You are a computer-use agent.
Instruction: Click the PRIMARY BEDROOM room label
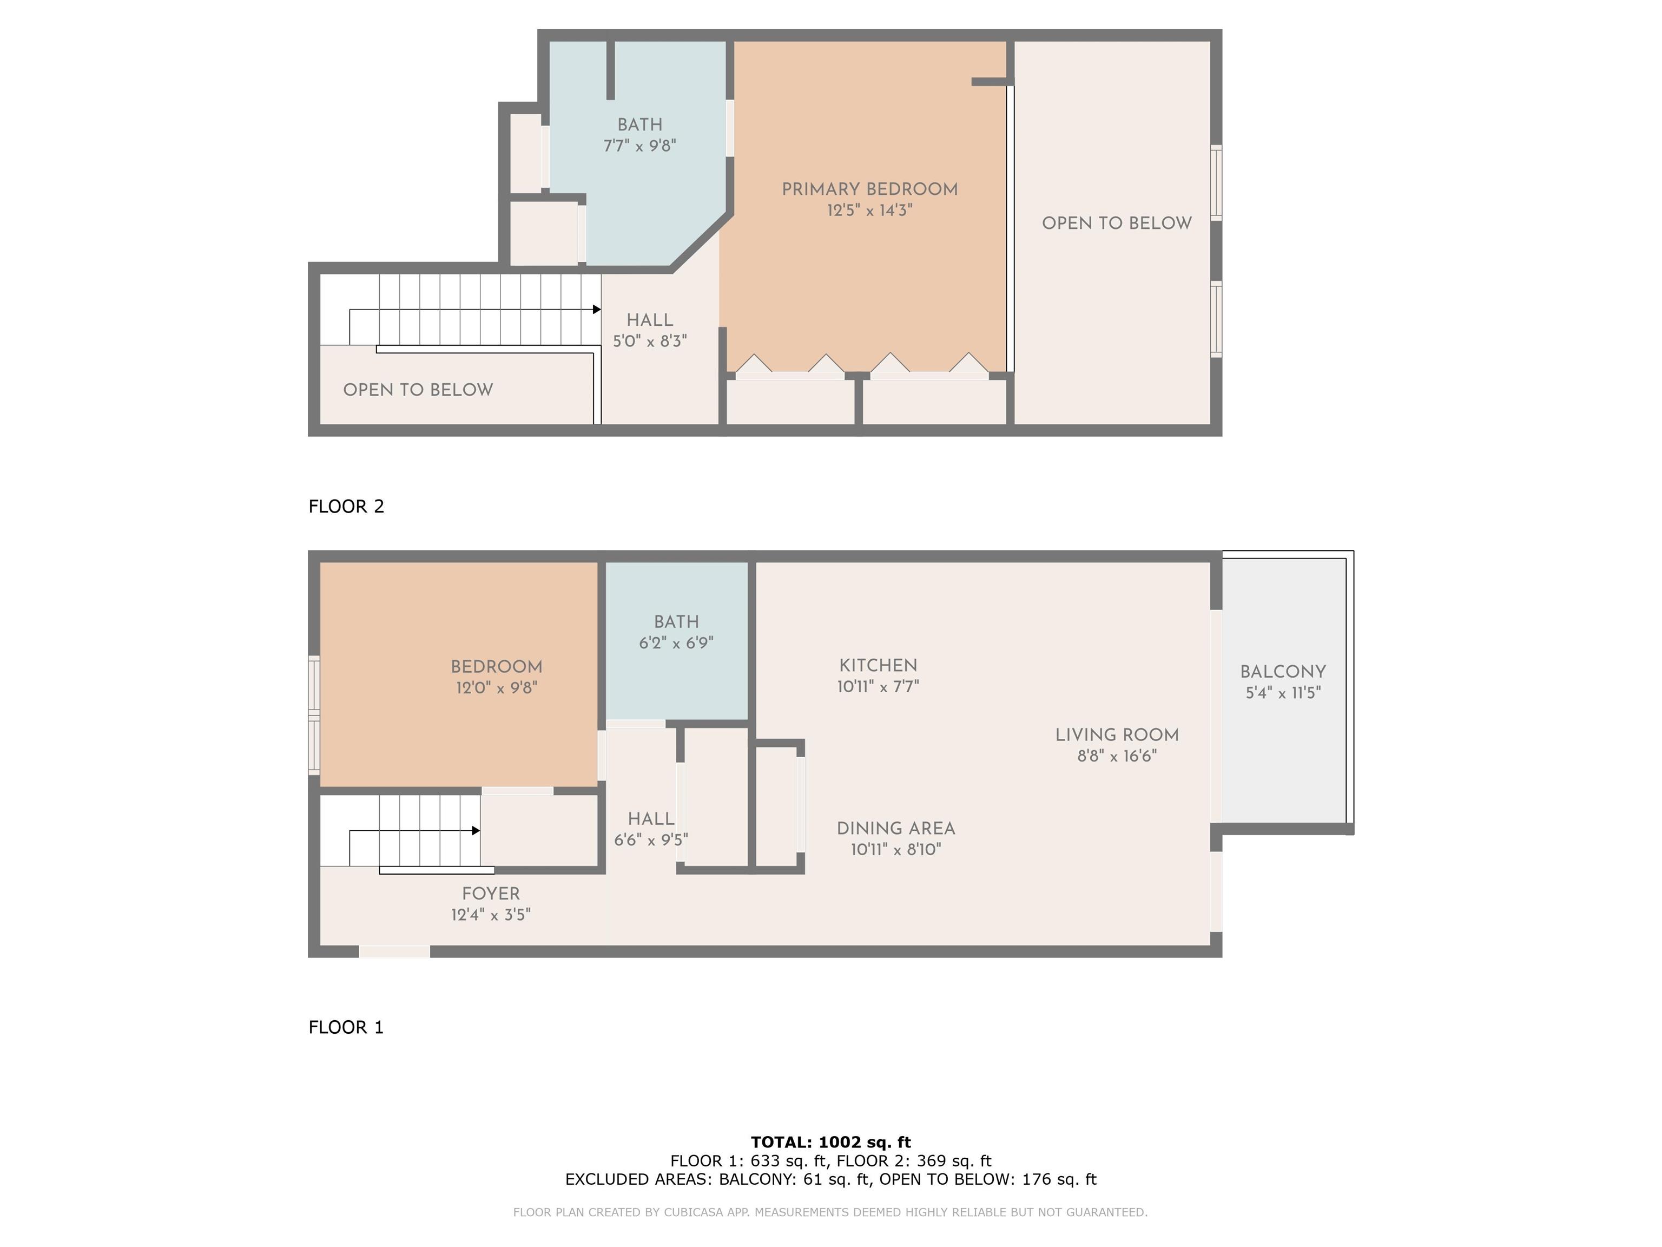tap(869, 189)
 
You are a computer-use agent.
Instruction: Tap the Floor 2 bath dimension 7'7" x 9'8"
tap(640, 146)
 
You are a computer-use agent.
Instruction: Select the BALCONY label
tap(1283, 672)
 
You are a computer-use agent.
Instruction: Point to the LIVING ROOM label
tap(1117, 735)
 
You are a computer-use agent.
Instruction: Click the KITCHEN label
tap(878, 665)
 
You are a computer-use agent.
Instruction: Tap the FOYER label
tap(491, 894)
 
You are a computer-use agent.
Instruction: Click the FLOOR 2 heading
tap(346, 507)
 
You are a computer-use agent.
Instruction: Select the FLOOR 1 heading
tap(346, 1027)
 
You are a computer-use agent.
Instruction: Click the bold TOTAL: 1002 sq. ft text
tap(831, 1143)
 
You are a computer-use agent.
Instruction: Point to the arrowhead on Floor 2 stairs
tap(597, 309)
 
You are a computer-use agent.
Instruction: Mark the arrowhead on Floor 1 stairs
tap(476, 831)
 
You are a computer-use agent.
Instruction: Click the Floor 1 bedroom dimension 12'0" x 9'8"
tap(497, 688)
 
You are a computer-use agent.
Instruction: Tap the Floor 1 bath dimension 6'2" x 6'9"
tap(676, 642)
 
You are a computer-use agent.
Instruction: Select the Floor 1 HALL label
tap(651, 818)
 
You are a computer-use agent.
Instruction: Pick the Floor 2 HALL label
tap(650, 320)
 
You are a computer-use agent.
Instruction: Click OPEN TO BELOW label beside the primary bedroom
tap(1117, 223)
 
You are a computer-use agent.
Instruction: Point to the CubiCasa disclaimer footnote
tap(830, 1212)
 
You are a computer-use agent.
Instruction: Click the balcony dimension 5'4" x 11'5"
tap(1283, 693)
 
